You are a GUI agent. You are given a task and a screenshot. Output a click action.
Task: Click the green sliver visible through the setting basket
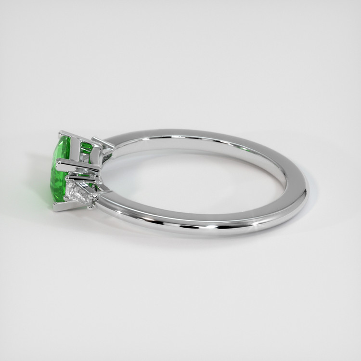coord(87,149)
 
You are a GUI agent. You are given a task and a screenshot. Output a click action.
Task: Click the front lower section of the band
coord(193,224)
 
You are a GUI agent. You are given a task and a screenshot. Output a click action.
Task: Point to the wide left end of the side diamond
coord(72,190)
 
